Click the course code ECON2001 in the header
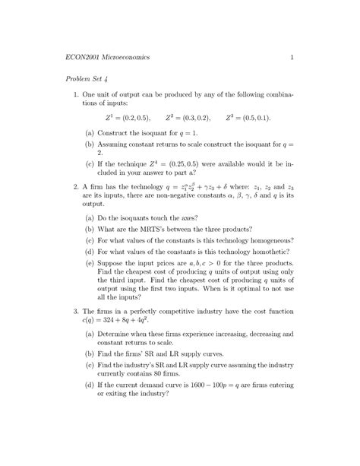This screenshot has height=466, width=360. pos(84,57)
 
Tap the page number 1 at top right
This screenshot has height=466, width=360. pos(291,57)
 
